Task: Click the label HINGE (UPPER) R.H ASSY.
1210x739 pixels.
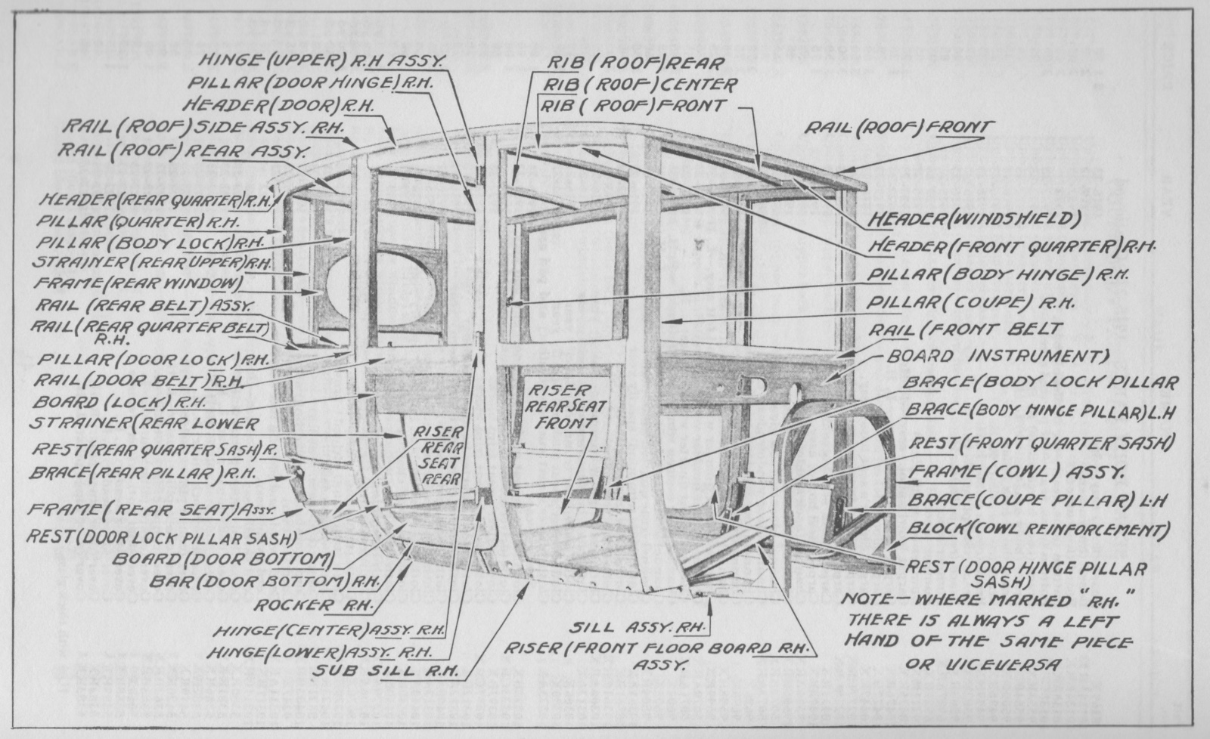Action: click(x=321, y=60)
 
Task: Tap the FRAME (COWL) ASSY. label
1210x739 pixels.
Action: click(x=1017, y=472)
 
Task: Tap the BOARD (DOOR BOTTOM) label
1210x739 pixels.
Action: click(x=222, y=559)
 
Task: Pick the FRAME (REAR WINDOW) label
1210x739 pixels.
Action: click(x=138, y=284)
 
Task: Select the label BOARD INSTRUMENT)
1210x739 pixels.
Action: click(x=997, y=356)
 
